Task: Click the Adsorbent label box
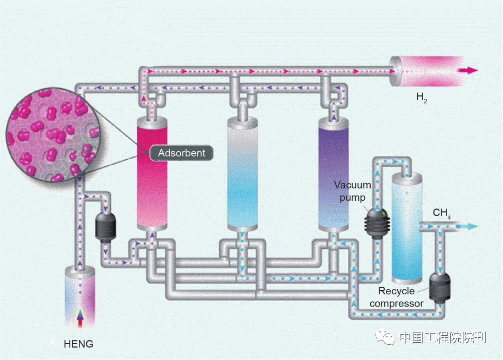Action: point(181,153)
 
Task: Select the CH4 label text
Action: point(442,214)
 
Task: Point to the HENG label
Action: point(79,344)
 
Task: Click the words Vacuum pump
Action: point(353,190)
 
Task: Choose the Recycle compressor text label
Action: point(400,297)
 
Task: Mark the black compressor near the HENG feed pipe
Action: point(105,227)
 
